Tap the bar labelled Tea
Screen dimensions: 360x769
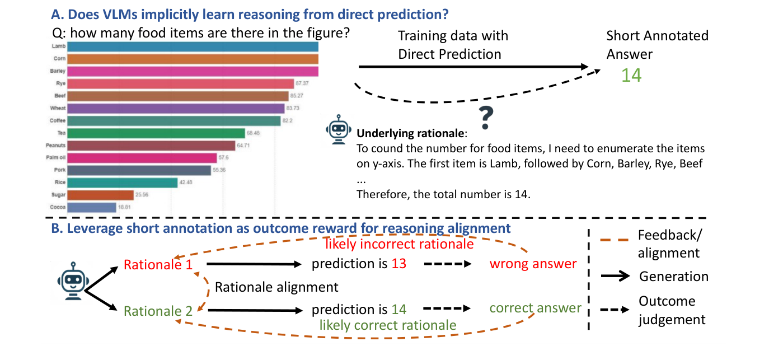tap(157, 133)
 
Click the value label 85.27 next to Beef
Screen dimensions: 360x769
tap(297, 96)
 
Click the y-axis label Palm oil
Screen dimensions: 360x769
tap(56, 158)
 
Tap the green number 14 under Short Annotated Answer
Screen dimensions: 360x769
tap(631, 75)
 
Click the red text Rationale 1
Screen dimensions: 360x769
tap(158, 264)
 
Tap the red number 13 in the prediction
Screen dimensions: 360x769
tap(399, 264)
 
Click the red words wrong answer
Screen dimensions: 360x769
tap(533, 264)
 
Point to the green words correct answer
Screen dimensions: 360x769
tap(535, 308)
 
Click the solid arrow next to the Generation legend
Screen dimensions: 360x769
tap(616, 276)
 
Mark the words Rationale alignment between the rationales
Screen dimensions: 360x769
tap(276, 287)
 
